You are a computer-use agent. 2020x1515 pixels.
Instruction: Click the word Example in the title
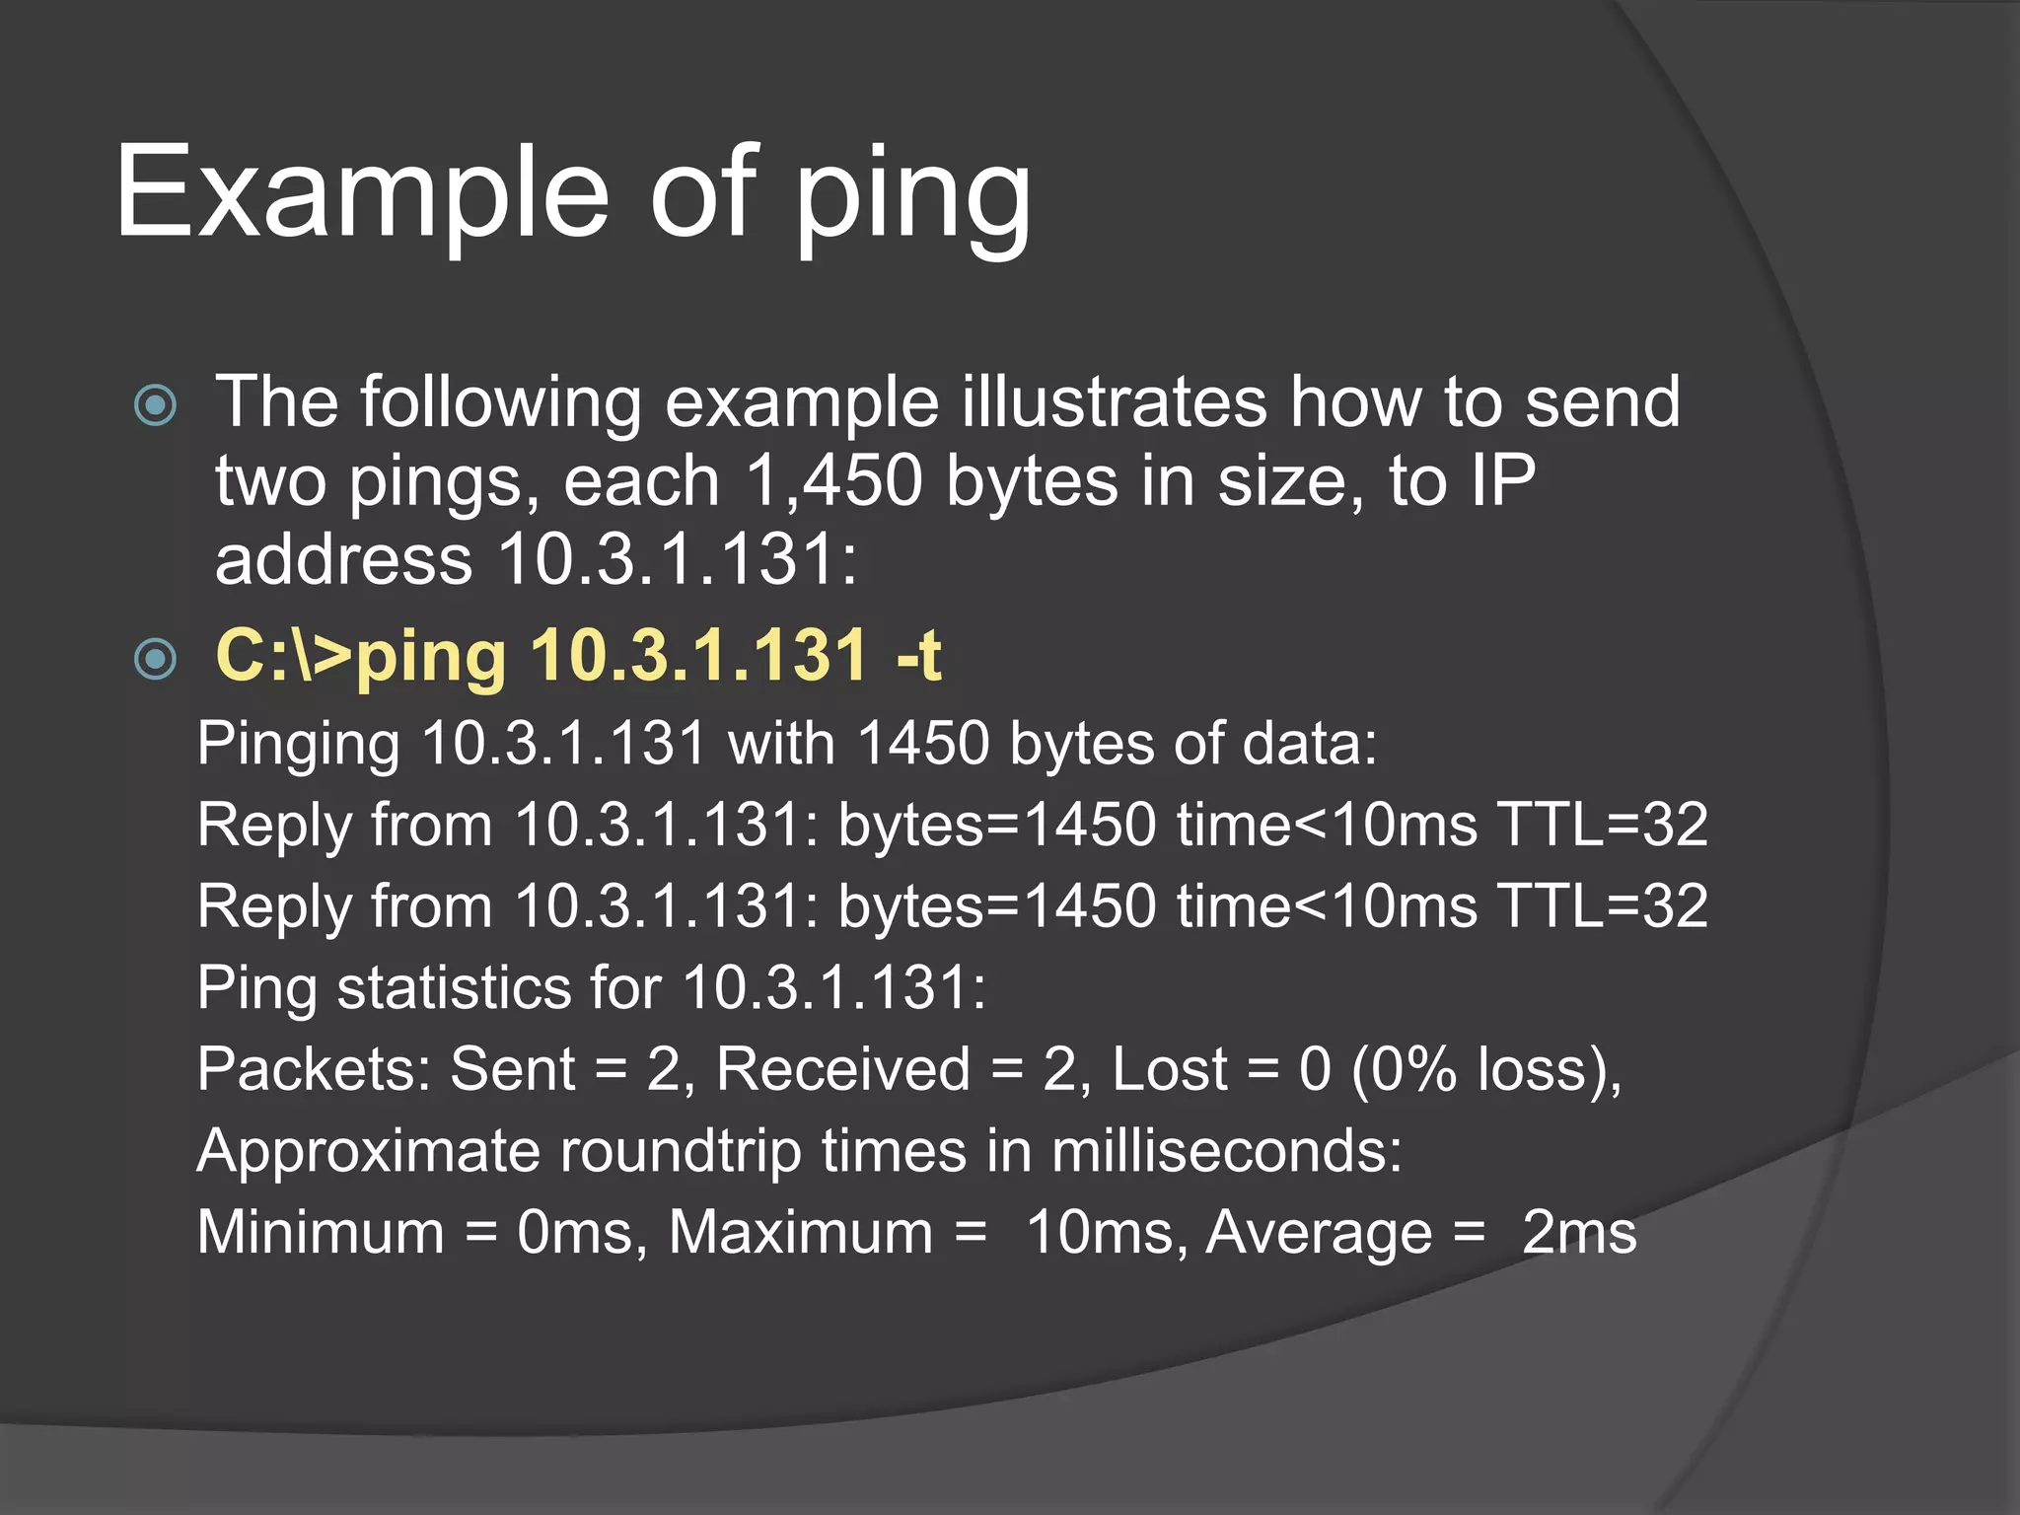click(x=361, y=192)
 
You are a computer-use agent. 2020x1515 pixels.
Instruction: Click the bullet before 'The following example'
click(x=155, y=405)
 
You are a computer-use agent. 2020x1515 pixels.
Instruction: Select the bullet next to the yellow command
click(x=155, y=658)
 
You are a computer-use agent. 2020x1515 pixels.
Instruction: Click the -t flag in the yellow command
click(x=917, y=655)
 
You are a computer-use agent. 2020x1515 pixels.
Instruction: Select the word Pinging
click(x=298, y=745)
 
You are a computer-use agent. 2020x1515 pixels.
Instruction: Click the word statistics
click(x=454, y=987)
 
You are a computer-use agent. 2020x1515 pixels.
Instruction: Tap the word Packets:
click(x=315, y=1069)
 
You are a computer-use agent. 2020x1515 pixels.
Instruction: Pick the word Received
click(x=843, y=1069)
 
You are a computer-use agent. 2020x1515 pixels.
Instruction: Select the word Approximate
click(x=368, y=1151)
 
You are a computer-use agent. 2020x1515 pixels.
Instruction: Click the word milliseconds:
click(x=1226, y=1151)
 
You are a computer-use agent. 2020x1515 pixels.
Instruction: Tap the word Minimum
click(x=321, y=1233)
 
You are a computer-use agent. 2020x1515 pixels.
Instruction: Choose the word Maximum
click(x=800, y=1233)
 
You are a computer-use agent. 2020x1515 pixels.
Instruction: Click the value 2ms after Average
click(x=1578, y=1233)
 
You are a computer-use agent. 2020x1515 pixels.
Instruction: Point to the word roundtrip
click(x=681, y=1151)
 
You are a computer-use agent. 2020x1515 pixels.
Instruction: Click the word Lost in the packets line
click(x=1170, y=1069)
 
